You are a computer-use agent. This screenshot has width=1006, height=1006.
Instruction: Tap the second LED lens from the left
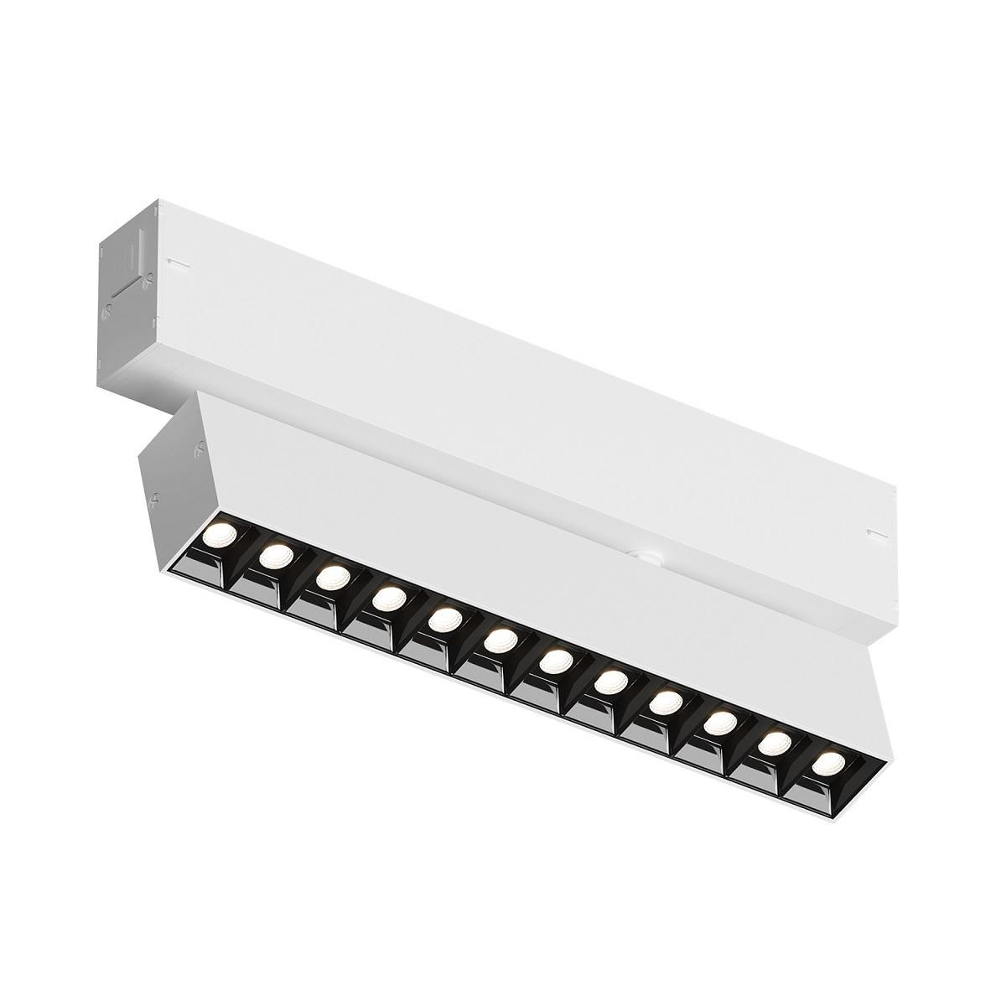(x=277, y=555)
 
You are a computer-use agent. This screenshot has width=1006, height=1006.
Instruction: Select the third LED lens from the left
(x=333, y=577)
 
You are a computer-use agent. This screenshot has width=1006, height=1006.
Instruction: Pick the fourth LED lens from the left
(x=388, y=599)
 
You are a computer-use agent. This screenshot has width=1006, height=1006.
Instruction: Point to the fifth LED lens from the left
(x=444, y=620)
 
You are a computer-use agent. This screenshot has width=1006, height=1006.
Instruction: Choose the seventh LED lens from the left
(x=555, y=662)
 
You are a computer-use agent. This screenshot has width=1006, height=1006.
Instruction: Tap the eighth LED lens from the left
(x=611, y=681)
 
